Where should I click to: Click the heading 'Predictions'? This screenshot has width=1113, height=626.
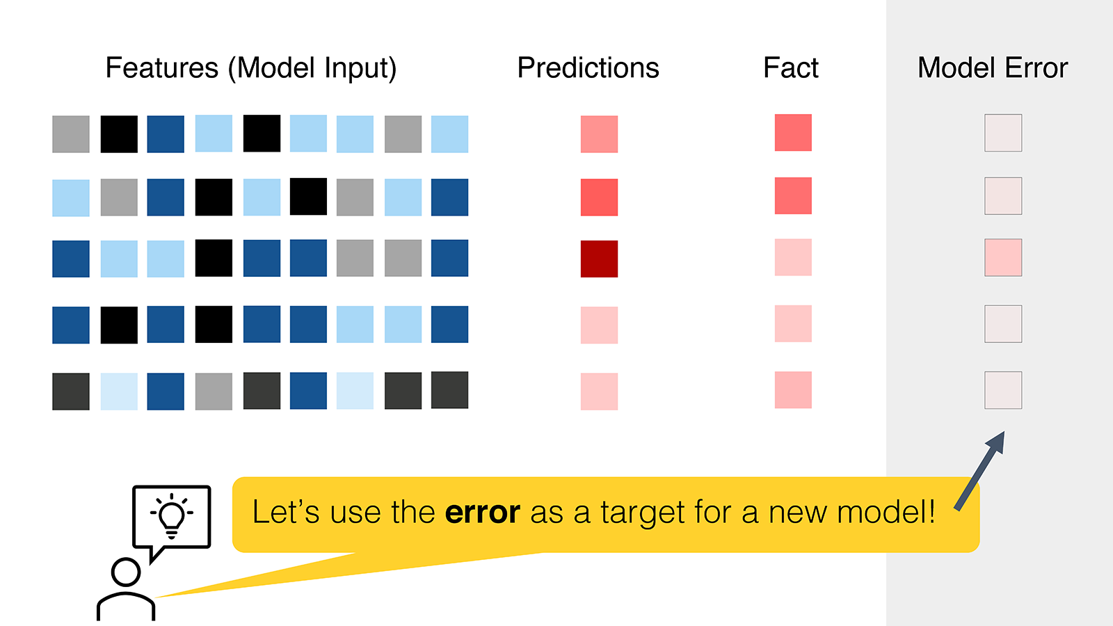[x=588, y=67]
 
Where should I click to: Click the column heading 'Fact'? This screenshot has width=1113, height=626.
[x=790, y=67]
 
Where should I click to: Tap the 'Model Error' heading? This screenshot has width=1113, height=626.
[x=992, y=67]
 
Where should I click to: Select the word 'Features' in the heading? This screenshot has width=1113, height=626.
[x=161, y=67]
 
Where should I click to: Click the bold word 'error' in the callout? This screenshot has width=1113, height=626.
[x=483, y=512]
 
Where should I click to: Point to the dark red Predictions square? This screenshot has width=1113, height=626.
[x=599, y=259]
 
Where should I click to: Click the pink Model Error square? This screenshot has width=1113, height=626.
[x=1003, y=257]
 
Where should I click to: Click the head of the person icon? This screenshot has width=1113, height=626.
[x=126, y=572]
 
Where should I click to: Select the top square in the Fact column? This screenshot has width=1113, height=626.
[x=793, y=133]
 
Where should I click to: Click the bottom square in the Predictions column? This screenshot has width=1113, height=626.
[x=599, y=392]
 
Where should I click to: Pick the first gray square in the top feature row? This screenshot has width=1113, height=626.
[x=70, y=134]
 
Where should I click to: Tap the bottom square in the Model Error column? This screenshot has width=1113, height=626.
[x=1003, y=390]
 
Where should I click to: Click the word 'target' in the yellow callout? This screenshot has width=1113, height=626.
[x=643, y=513]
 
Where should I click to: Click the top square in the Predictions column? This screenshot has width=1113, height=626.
[x=599, y=134]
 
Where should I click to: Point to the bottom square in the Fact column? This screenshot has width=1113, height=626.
[x=793, y=390]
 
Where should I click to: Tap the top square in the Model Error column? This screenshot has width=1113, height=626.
[x=1003, y=133]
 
